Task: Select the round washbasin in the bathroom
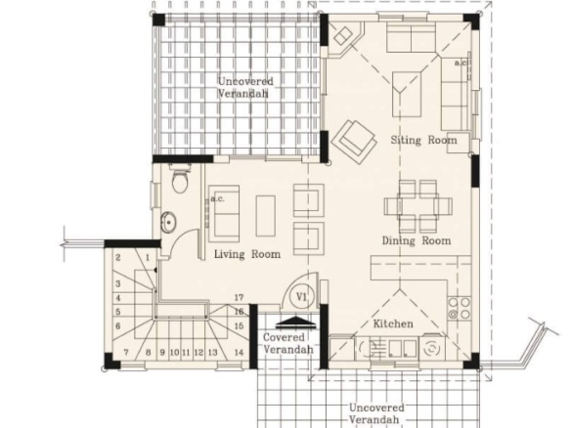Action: click(168, 222)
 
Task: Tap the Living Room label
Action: click(247, 254)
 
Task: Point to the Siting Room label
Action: click(423, 140)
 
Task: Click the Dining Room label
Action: click(417, 240)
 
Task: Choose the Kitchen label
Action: click(393, 323)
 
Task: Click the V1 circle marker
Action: click(301, 297)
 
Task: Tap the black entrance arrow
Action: click(295, 321)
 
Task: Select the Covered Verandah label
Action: click(288, 343)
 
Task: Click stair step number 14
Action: click(239, 353)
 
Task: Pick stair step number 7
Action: click(126, 353)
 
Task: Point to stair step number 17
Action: click(239, 297)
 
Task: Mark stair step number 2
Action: click(118, 258)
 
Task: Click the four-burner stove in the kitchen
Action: click(460, 308)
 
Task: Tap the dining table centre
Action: click(418, 206)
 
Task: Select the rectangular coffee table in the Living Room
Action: click(266, 216)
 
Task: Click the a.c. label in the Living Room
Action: click(218, 198)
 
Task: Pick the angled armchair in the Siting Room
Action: click(354, 142)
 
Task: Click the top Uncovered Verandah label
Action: click(245, 87)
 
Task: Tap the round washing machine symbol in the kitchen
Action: click(431, 348)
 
